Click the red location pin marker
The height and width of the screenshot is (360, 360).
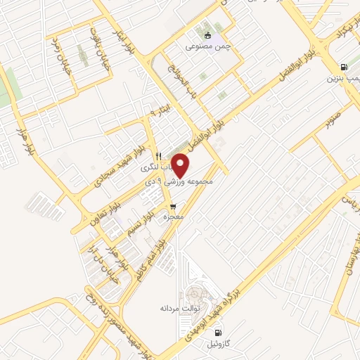pyautogui.click(x=181, y=165)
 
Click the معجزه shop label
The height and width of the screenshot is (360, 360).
pyautogui.click(x=173, y=217)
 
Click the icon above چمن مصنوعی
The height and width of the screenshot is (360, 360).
pyautogui.click(x=207, y=35)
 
